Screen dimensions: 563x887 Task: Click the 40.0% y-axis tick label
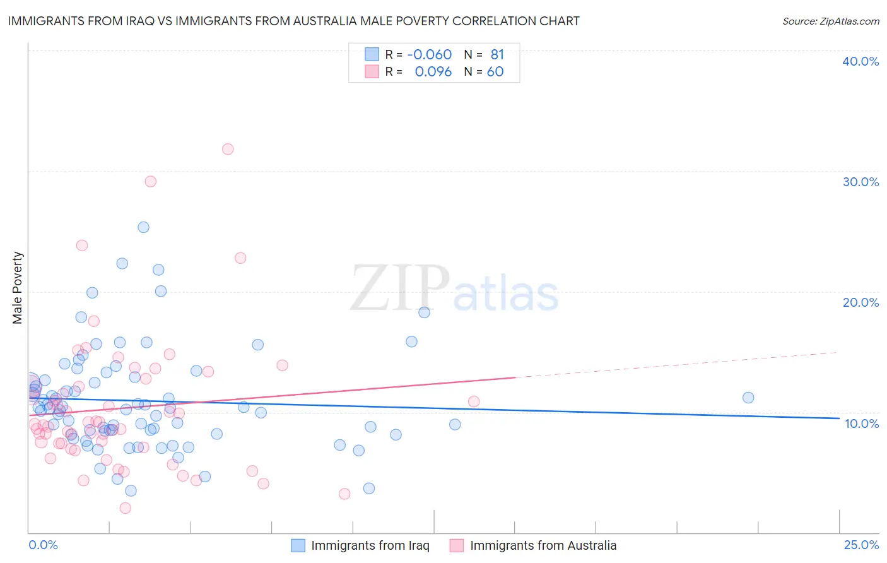861,61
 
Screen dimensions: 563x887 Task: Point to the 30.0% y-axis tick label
861,182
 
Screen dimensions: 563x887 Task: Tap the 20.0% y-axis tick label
861,302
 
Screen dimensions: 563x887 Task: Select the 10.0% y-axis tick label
861,424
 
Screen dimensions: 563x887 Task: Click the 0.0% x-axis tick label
43,545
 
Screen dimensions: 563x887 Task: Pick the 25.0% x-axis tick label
861,545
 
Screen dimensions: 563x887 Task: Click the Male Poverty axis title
18,288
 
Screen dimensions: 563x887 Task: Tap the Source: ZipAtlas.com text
830,21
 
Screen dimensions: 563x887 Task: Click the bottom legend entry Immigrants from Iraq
370,545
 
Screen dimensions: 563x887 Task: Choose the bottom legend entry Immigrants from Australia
543,545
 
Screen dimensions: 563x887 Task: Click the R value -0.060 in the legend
430,54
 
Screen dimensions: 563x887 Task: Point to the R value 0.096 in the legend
433,72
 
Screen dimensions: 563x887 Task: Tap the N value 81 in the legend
497,54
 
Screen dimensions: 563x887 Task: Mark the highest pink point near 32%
228,149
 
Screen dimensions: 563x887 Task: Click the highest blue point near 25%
143,227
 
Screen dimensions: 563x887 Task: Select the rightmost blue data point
748,398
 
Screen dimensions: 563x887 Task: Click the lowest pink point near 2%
125,508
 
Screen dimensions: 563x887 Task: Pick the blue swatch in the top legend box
372,54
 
